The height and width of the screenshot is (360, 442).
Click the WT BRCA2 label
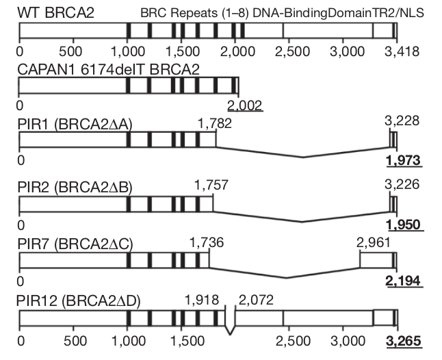point(49,12)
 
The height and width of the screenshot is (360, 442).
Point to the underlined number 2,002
point(245,105)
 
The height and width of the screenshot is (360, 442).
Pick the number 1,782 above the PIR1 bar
point(213,123)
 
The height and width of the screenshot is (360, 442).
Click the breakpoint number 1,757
point(211,185)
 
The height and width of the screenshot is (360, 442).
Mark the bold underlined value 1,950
point(403,225)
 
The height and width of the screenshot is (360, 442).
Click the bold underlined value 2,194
point(403,281)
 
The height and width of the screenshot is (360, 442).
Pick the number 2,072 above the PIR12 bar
point(255,300)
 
